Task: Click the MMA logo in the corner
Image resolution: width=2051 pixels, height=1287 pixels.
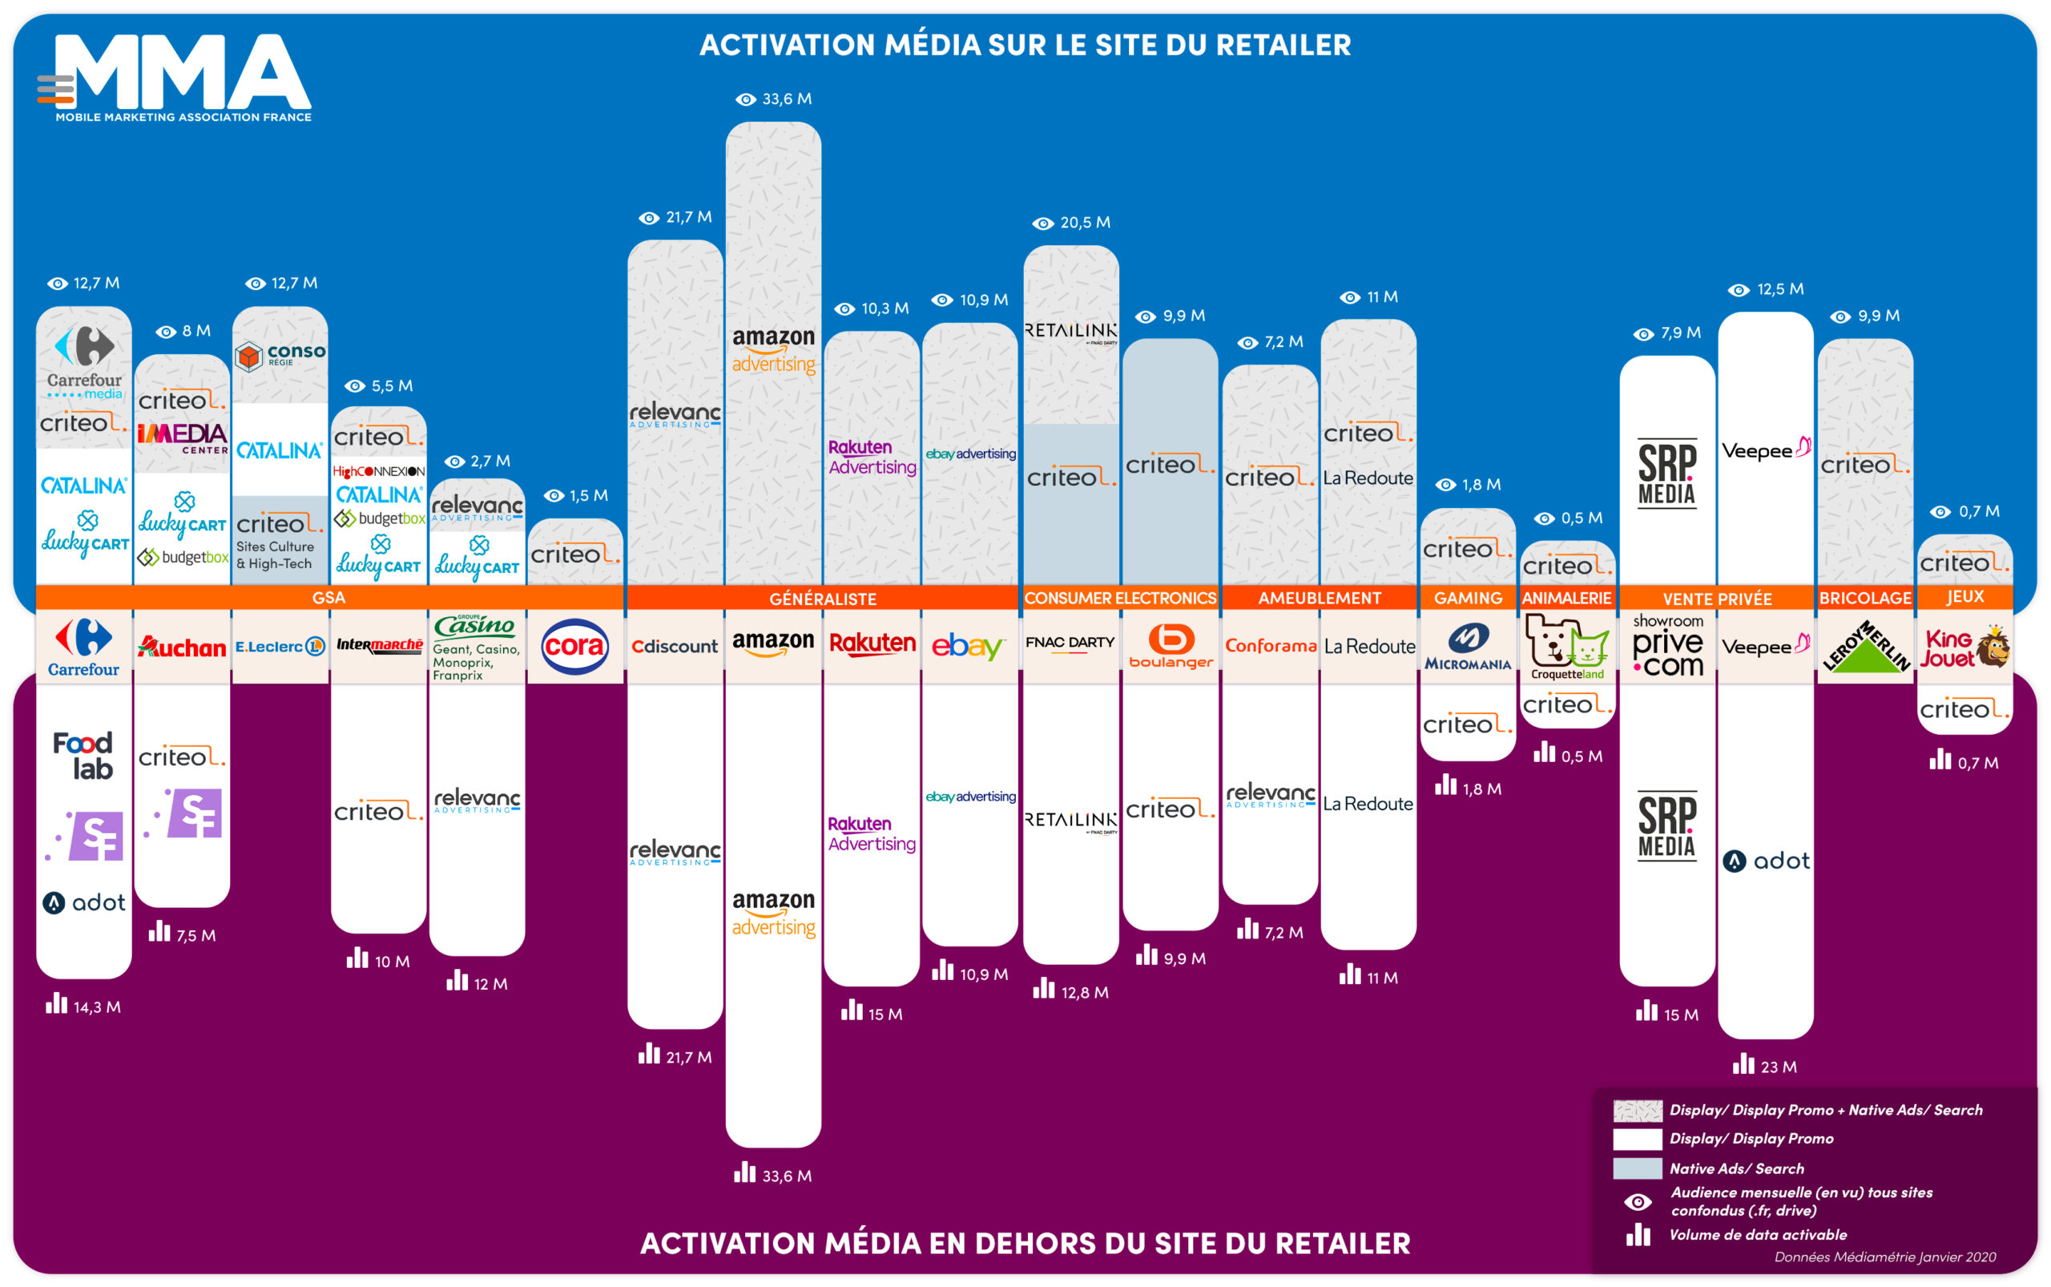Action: [175, 79]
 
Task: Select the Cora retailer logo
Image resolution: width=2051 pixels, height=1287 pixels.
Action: [575, 647]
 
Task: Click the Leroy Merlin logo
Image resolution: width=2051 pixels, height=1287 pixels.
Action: [1865, 647]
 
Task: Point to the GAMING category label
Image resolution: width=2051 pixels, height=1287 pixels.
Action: [1468, 599]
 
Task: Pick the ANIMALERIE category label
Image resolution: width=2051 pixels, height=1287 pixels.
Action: [1567, 599]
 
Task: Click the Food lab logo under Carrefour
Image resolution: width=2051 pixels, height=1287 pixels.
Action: [83, 756]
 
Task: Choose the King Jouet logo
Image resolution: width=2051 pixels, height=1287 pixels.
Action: [1965, 648]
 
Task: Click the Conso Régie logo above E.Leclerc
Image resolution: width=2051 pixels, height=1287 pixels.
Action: [280, 356]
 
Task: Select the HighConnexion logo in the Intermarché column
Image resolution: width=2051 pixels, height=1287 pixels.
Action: [379, 471]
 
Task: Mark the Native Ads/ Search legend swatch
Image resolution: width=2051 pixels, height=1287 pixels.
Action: [1638, 1168]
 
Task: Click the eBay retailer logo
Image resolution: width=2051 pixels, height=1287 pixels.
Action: [969, 647]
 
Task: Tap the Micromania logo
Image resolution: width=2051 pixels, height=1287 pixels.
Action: [1468, 647]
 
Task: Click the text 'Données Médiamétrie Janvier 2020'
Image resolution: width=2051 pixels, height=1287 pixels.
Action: [1885, 1257]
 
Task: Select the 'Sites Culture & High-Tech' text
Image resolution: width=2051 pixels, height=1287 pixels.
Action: [275, 555]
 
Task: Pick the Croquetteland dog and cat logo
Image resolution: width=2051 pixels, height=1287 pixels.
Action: [1567, 647]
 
